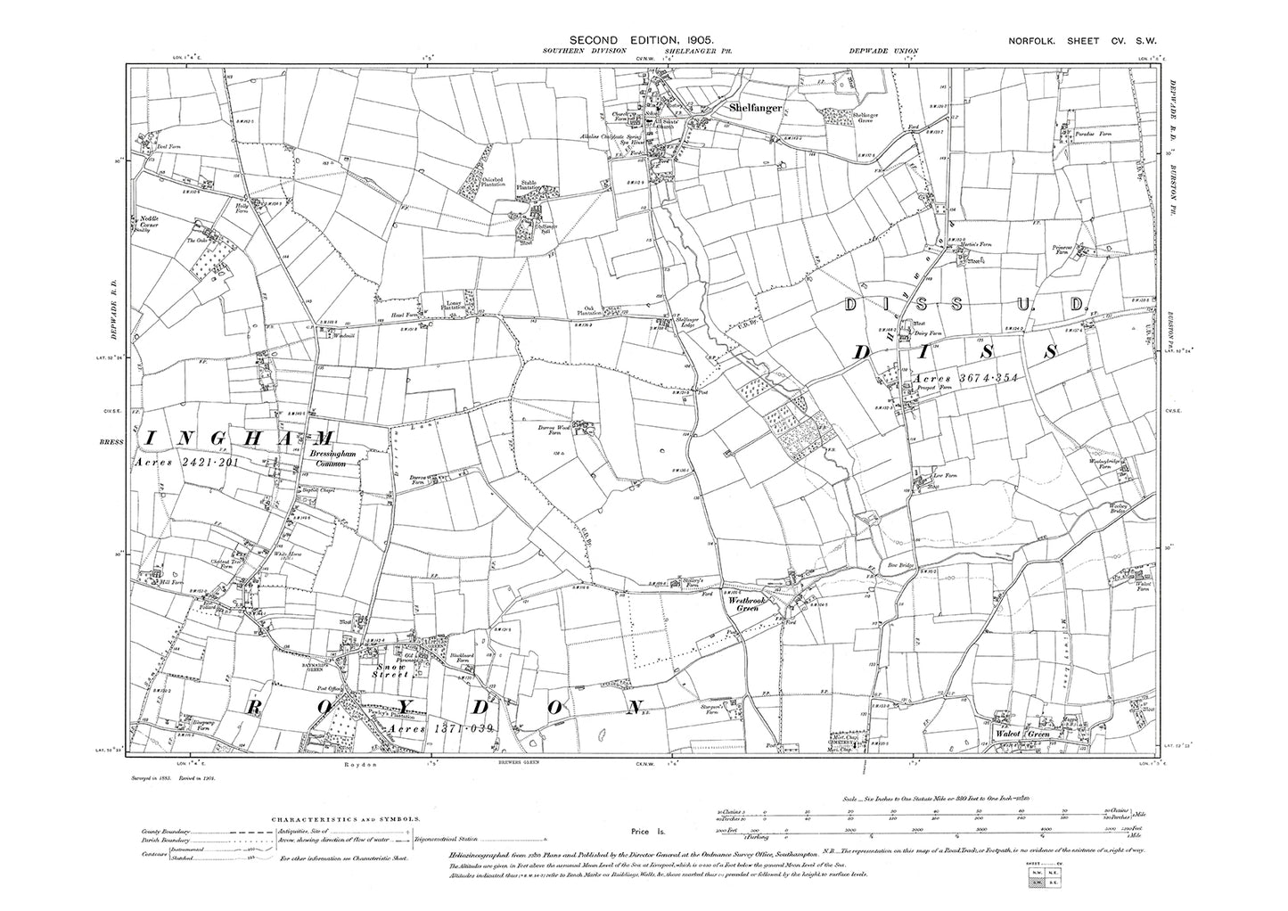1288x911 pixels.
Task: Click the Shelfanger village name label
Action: point(756,108)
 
